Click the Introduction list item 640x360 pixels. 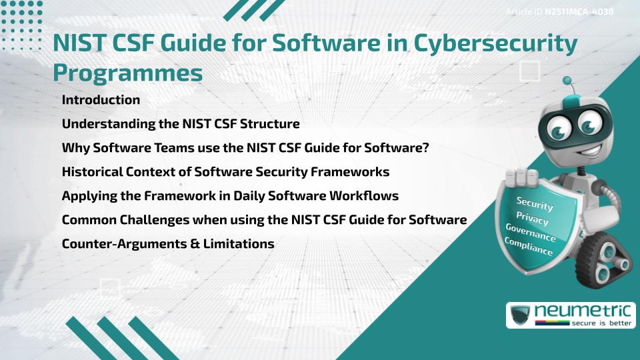point(101,100)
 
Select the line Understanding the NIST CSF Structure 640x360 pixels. point(181,124)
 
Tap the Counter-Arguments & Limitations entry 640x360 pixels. point(168,244)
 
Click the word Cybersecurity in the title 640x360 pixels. point(495,44)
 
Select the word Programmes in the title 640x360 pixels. point(128,73)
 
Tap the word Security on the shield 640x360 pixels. point(535,204)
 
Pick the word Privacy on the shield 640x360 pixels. point(533,217)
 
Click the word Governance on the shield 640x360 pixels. point(531,233)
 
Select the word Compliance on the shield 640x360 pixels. point(529,247)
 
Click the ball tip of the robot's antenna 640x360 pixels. point(568,81)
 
